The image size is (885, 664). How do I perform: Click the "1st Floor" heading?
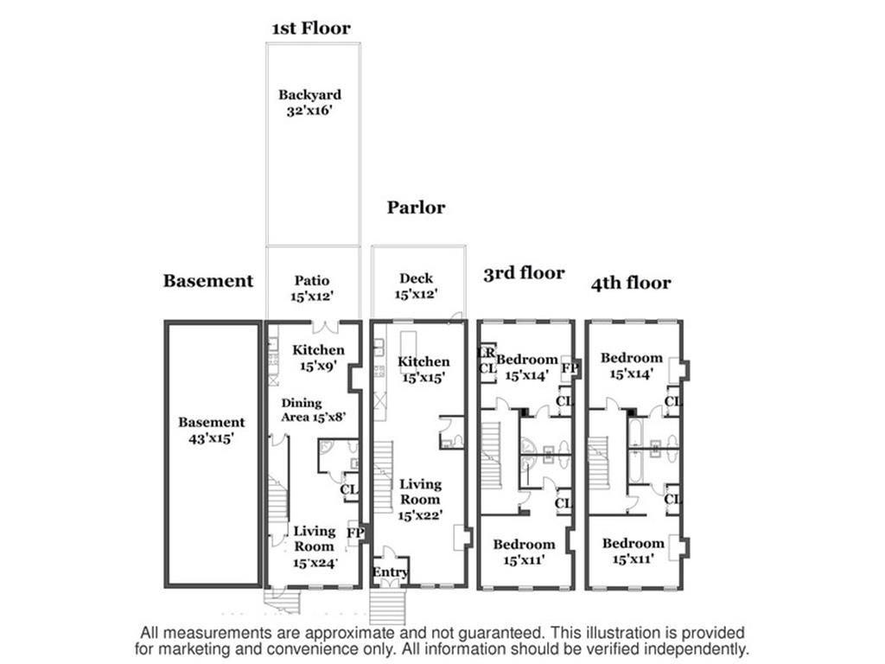click(x=311, y=29)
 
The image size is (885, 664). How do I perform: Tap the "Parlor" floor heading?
click(x=416, y=207)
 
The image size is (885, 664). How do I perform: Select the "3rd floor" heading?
click(x=523, y=274)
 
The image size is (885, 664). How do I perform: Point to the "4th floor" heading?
click(x=631, y=283)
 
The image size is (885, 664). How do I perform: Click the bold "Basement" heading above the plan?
click(x=208, y=281)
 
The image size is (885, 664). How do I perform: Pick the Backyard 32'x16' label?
click(x=309, y=102)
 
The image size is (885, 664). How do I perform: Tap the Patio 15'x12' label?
click(x=312, y=288)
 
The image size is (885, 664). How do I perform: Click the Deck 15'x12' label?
click(x=417, y=286)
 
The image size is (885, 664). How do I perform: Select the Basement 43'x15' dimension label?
click(x=212, y=430)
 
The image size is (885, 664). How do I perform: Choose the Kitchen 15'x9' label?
click(x=318, y=358)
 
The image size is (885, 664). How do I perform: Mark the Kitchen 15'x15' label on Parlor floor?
click(x=423, y=369)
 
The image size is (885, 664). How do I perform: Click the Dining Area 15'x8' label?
click(x=312, y=409)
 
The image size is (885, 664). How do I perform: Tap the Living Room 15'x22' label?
click(x=421, y=499)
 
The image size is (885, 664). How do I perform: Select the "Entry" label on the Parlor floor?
click(x=389, y=572)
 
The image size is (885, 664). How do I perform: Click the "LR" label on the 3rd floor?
click(x=487, y=353)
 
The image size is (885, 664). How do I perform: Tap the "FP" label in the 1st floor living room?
click(x=354, y=533)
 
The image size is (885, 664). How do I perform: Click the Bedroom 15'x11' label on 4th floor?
click(x=633, y=551)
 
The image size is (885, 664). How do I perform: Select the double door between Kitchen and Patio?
click(x=325, y=326)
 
